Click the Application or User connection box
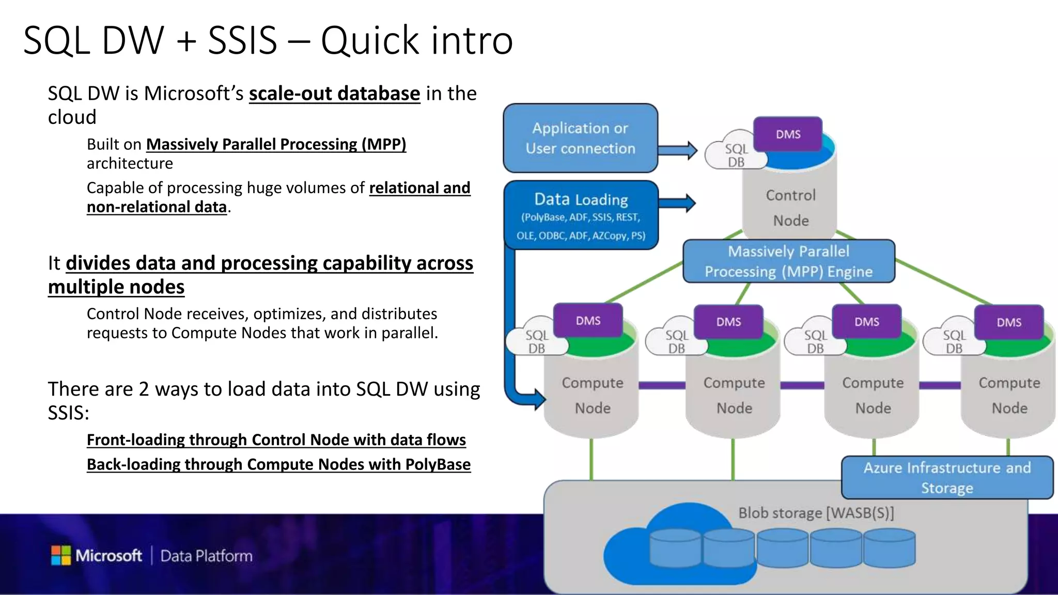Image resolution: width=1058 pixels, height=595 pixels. tap(580, 138)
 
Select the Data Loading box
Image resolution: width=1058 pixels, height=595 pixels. tap(581, 215)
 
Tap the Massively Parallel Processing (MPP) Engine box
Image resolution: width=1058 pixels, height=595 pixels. tap(788, 261)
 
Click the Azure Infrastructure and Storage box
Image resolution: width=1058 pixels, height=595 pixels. tap(946, 477)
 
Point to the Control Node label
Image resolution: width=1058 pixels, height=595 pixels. tap(790, 208)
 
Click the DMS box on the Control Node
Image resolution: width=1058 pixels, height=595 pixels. tap(788, 134)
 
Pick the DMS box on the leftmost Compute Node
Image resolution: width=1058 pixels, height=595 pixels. tap(588, 321)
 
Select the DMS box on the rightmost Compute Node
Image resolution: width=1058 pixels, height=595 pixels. tap(1008, 322)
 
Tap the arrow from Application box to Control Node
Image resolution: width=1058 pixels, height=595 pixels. tap(678, 150)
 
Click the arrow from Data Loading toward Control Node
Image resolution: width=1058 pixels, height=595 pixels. tap(678, 203)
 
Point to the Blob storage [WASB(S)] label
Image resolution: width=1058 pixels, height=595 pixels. tap(815, 513)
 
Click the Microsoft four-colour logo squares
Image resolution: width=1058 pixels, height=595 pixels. tap(61, 555)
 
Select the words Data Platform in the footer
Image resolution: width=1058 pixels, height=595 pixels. tap(206, 556)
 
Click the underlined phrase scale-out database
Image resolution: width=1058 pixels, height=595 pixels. tap(334, 93)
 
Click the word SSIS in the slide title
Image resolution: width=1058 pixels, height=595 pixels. tap(242, 40)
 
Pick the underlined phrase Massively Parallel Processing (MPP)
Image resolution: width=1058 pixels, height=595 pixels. tap(276, 144)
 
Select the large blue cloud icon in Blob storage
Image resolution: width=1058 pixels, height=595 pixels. tap(672, 547)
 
